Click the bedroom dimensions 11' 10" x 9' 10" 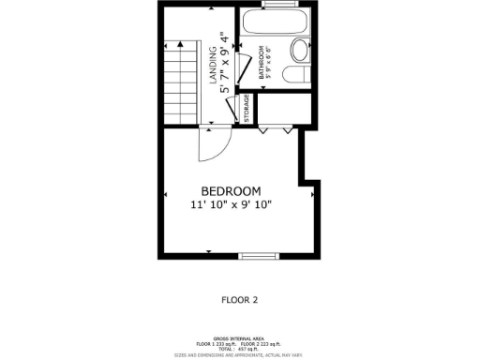click(x=238, y=203)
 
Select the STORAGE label click(x=247, y=109)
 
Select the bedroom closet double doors click(x=273, y=129)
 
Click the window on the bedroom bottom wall click(x=254, y=255)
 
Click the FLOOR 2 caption click(x=238, y=300)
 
